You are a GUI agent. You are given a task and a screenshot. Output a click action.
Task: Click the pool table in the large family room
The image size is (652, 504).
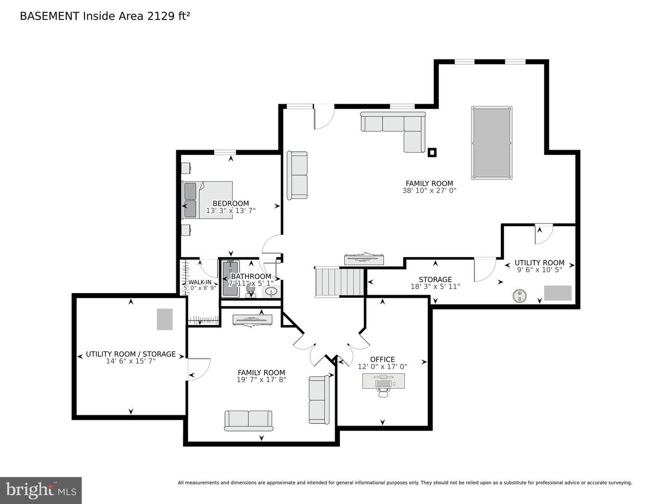pos(491,143)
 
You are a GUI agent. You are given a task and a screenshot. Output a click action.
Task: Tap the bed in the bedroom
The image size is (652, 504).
pos(207,200)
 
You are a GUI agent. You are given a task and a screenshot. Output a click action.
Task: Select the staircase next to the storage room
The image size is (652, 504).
pos(339,282)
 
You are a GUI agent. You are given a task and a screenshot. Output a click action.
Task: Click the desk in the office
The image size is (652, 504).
pos(384,381)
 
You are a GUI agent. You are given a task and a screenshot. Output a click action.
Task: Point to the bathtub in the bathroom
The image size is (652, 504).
pos(230,278)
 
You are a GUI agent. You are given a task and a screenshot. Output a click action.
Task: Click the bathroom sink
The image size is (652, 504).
pos(271,291)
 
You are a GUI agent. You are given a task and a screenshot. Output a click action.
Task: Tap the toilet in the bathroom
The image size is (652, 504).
pos(250,291)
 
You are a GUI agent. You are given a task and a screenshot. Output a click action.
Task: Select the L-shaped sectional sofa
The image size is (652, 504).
pos(393,131)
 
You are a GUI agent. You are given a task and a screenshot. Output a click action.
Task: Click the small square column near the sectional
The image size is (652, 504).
pos(432,153)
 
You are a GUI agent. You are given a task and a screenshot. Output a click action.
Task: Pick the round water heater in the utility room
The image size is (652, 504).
pos(519,296)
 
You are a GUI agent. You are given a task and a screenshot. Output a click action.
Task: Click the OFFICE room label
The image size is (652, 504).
pos(382,359)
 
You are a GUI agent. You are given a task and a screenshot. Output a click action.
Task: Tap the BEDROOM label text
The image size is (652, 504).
pos(231,204)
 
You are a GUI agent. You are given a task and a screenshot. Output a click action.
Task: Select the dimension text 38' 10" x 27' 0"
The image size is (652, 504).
pos(429,190)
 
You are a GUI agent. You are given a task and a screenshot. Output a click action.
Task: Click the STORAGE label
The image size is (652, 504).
pos(435,279)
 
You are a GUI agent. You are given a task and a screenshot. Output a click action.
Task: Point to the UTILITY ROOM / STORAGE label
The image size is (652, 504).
pos(131,354)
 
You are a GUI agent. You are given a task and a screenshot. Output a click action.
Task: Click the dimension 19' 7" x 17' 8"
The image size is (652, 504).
pos(261,380)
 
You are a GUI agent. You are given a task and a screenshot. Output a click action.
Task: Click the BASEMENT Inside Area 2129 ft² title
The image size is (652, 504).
pos(105,16)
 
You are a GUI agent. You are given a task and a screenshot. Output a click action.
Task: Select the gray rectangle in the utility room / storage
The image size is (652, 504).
pos(165,319)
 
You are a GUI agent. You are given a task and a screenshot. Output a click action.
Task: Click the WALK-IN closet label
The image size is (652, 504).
pos(200,282)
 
